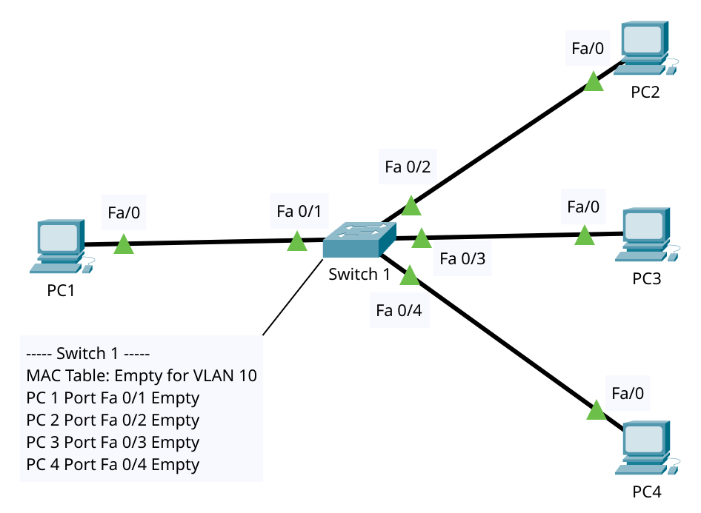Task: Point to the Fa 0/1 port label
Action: point(298,212)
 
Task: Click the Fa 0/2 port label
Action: point(408,167)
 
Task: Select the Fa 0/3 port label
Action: point(462,259)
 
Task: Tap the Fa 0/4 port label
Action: point(399,310)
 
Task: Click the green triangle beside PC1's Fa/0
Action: point(124,245)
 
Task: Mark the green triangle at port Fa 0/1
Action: point(297,242)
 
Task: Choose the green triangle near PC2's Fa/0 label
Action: point(594,82)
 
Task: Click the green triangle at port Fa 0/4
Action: point(410,277)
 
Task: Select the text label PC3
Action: point(646,279)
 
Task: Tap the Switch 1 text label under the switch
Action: point(359,275)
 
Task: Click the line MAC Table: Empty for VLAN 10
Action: point(142,375)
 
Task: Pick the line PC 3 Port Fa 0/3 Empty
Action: point(113,442)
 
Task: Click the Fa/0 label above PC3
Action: point(583,207)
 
